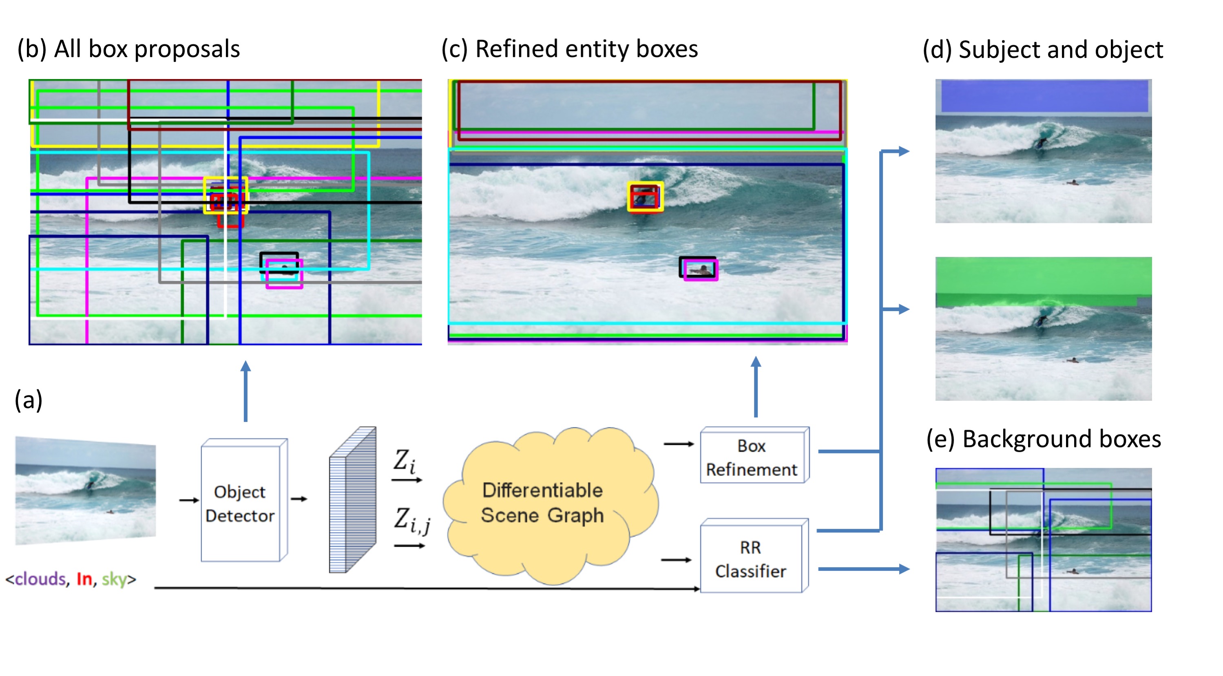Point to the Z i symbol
405,462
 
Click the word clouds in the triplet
40,579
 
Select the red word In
84,579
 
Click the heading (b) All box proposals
129,49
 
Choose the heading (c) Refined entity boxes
570,49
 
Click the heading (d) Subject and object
1043,50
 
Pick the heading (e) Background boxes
1044,439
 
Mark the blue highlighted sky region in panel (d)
1044,96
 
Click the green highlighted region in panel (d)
1043,280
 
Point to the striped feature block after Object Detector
352,500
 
